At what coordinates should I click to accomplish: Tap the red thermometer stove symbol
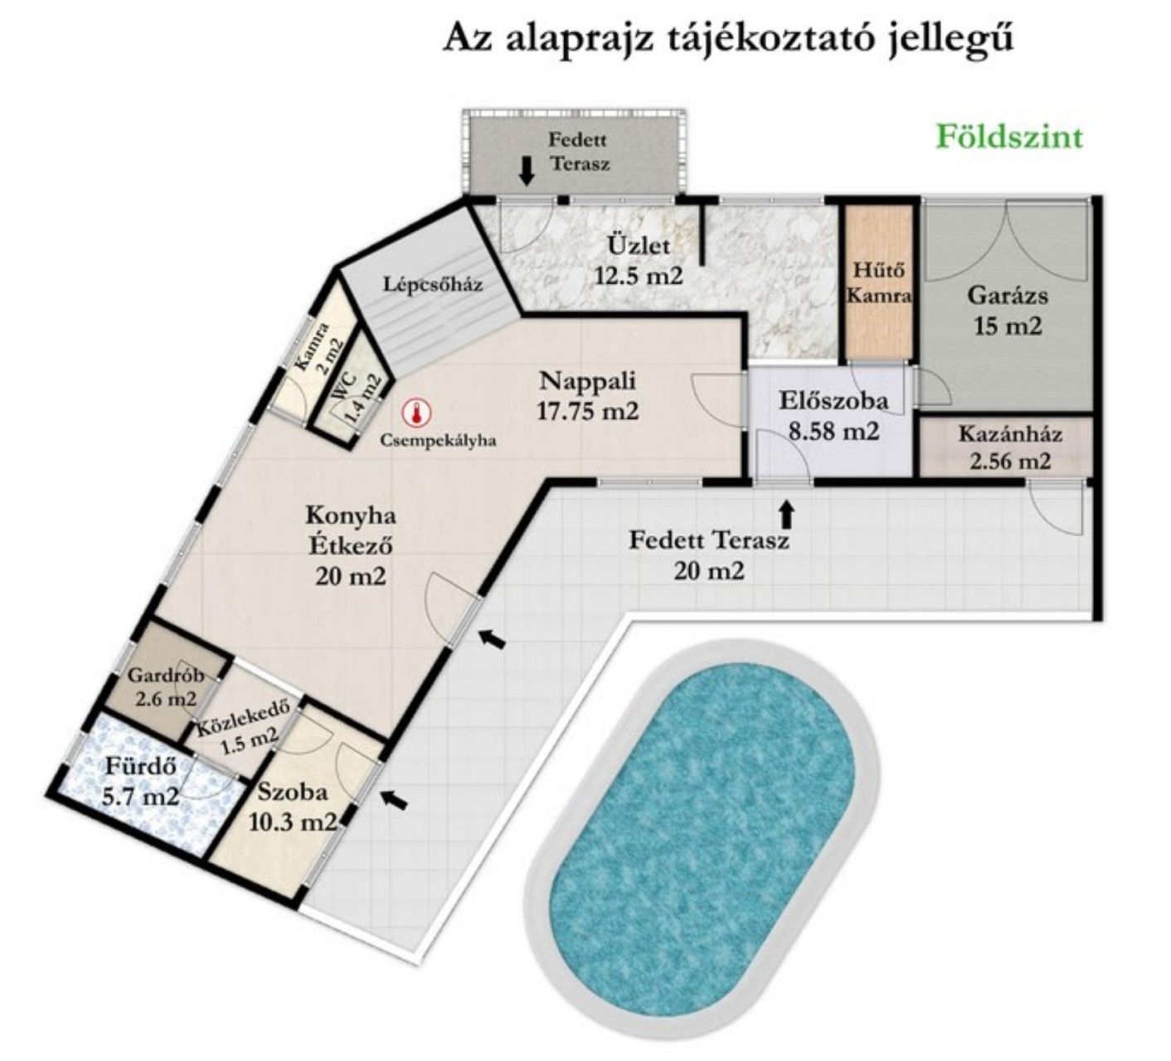pyautogui.click(x=415, y=412)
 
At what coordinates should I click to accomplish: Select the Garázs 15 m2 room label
pyautogui.click(x=1008, y=310)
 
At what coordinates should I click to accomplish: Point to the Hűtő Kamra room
pyautogui.click(x=879, y=283)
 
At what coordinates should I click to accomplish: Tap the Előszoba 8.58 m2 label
pyautogui.click(x=833, y=415)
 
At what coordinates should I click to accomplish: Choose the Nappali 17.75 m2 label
pyautogui.click(x=587, y=395)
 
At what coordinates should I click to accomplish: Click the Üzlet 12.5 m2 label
pyautogui.click(x=638, y=259)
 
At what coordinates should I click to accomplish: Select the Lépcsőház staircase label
pyautogui.click(x=433, y=284)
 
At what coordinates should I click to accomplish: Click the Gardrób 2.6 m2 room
pyautogui.click(x=166, y=686)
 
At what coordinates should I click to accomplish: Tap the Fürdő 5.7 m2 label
pyautogui.click(x=140, y=781)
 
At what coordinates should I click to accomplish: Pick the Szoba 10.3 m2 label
pyautogui.click(x=293, y=807)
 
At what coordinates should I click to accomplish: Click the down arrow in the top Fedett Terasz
pyautogui.click(x=527, y=171)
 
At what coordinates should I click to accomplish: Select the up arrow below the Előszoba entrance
pyautogui.click(x=788, y=515)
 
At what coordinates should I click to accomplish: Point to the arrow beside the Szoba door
pyautogui.click(x=394, y=799)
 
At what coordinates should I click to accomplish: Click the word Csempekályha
pyautogui.click(x=439, y=441)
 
